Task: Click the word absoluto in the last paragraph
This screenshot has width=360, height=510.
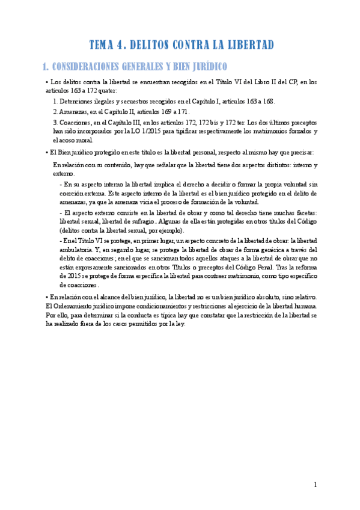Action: tap(271, 297)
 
